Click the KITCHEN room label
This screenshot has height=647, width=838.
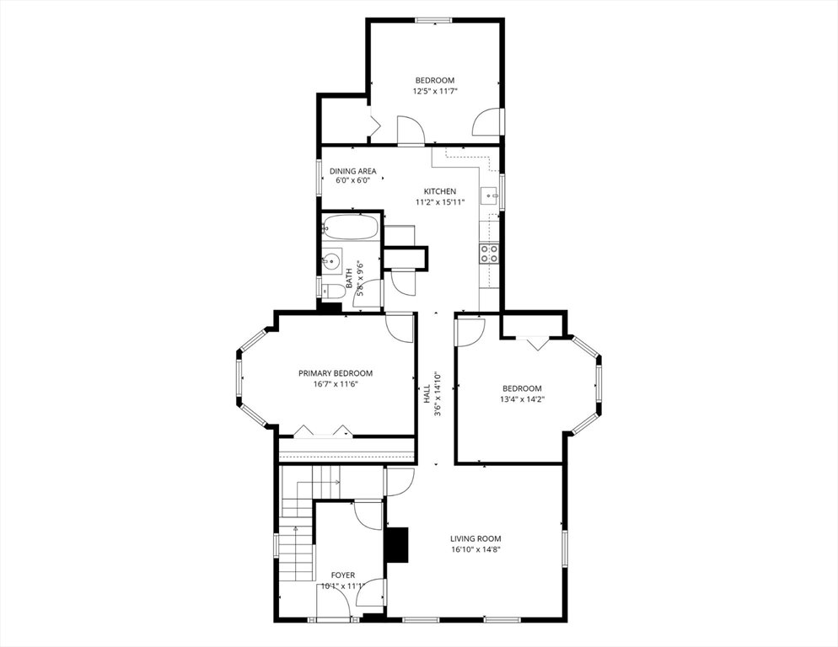tap(440, 191)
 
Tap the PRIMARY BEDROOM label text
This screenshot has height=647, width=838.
tap(336, 373)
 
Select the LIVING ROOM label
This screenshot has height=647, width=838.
tap(475, 539)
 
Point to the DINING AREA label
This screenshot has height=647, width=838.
tap(352, 171)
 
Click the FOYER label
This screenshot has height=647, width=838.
tap(342, 575)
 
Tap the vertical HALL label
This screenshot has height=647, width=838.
tap(427, 394)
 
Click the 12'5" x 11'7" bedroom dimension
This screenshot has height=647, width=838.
tap(435, 91)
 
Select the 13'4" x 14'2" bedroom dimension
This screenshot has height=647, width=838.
tap(522, 399)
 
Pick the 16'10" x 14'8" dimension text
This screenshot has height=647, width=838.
tap(475, 549)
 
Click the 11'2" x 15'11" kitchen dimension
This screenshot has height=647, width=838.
tap(440, 202)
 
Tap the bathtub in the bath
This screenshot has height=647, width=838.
tap(351, 227)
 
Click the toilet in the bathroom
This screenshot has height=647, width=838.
tap(334, 291)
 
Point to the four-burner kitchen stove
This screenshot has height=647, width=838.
tap(490, 254)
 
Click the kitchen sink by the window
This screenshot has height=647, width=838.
tap(489, 196)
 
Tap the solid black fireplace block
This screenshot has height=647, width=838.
tap(396, 545)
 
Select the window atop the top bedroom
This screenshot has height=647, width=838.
tap(434, 21)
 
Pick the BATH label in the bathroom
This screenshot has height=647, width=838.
tap(349, 278)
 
